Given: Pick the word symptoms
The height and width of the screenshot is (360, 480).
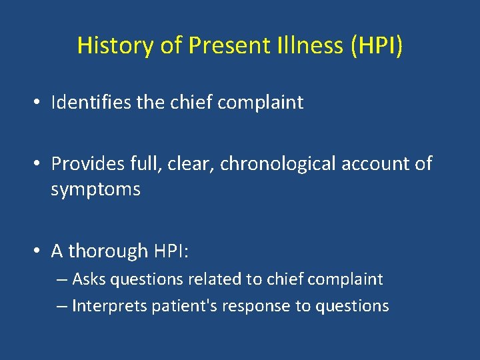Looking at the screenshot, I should pyautogui.click(x=95, y=190).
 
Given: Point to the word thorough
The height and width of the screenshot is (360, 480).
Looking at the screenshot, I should pyautogui.click(x=108, y=251).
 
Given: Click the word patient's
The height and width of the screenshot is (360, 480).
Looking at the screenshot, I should pyautogui.click(x=175, y=306).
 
